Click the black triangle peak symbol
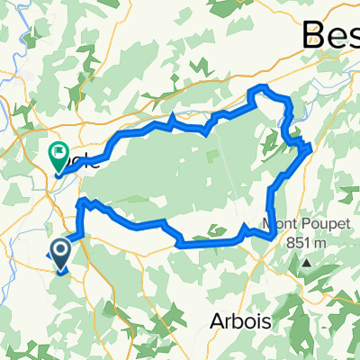(x=306, y=263)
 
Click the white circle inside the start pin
(x=61, y=248)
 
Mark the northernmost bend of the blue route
(x=264, y=87)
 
